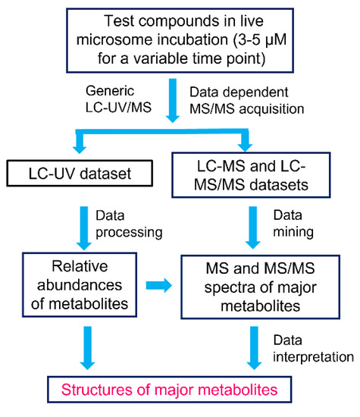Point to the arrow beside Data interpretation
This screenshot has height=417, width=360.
[x=254, y=345]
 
